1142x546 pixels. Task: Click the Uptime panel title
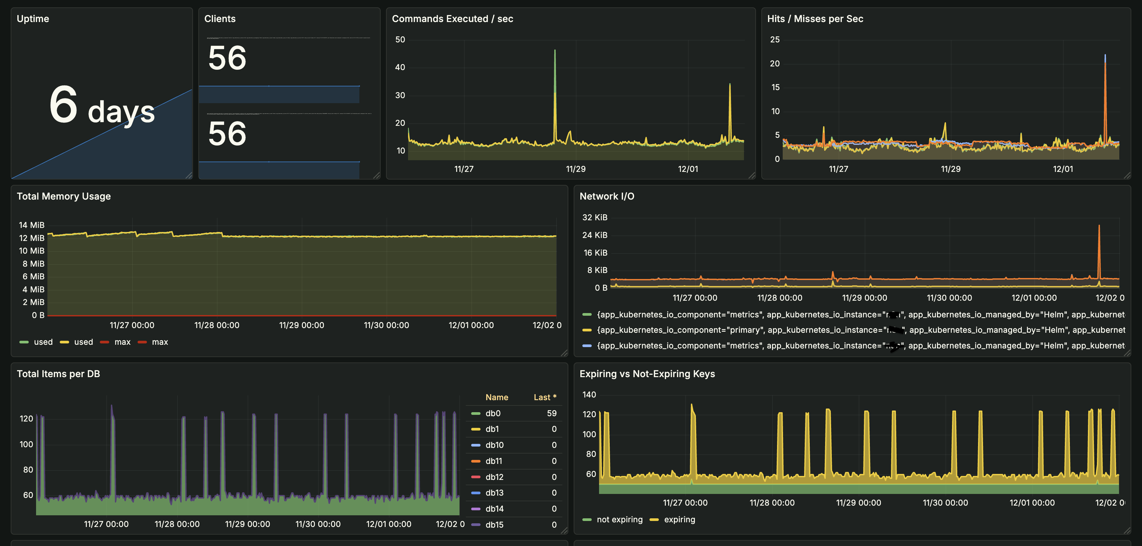pos(33,19)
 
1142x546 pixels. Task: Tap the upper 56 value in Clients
pos(227,58)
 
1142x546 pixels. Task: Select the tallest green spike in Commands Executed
pos(555,51)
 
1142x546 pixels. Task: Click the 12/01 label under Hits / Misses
pos(1063,169)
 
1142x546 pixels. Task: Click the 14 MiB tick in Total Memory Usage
pos(31,225)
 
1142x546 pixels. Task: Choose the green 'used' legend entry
pos(37,342)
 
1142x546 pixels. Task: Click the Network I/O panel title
pos(606,196)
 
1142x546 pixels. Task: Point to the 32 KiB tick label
pos(594,218)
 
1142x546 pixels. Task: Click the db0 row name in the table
pos(493,413)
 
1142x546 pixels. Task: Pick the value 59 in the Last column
pos(552,413)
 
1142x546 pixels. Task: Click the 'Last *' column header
pos(544,397)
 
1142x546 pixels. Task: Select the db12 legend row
pos(494,477)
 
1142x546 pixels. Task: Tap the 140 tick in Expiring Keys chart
pos(589,395)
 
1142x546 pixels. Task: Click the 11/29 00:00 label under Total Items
pos(247,524)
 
